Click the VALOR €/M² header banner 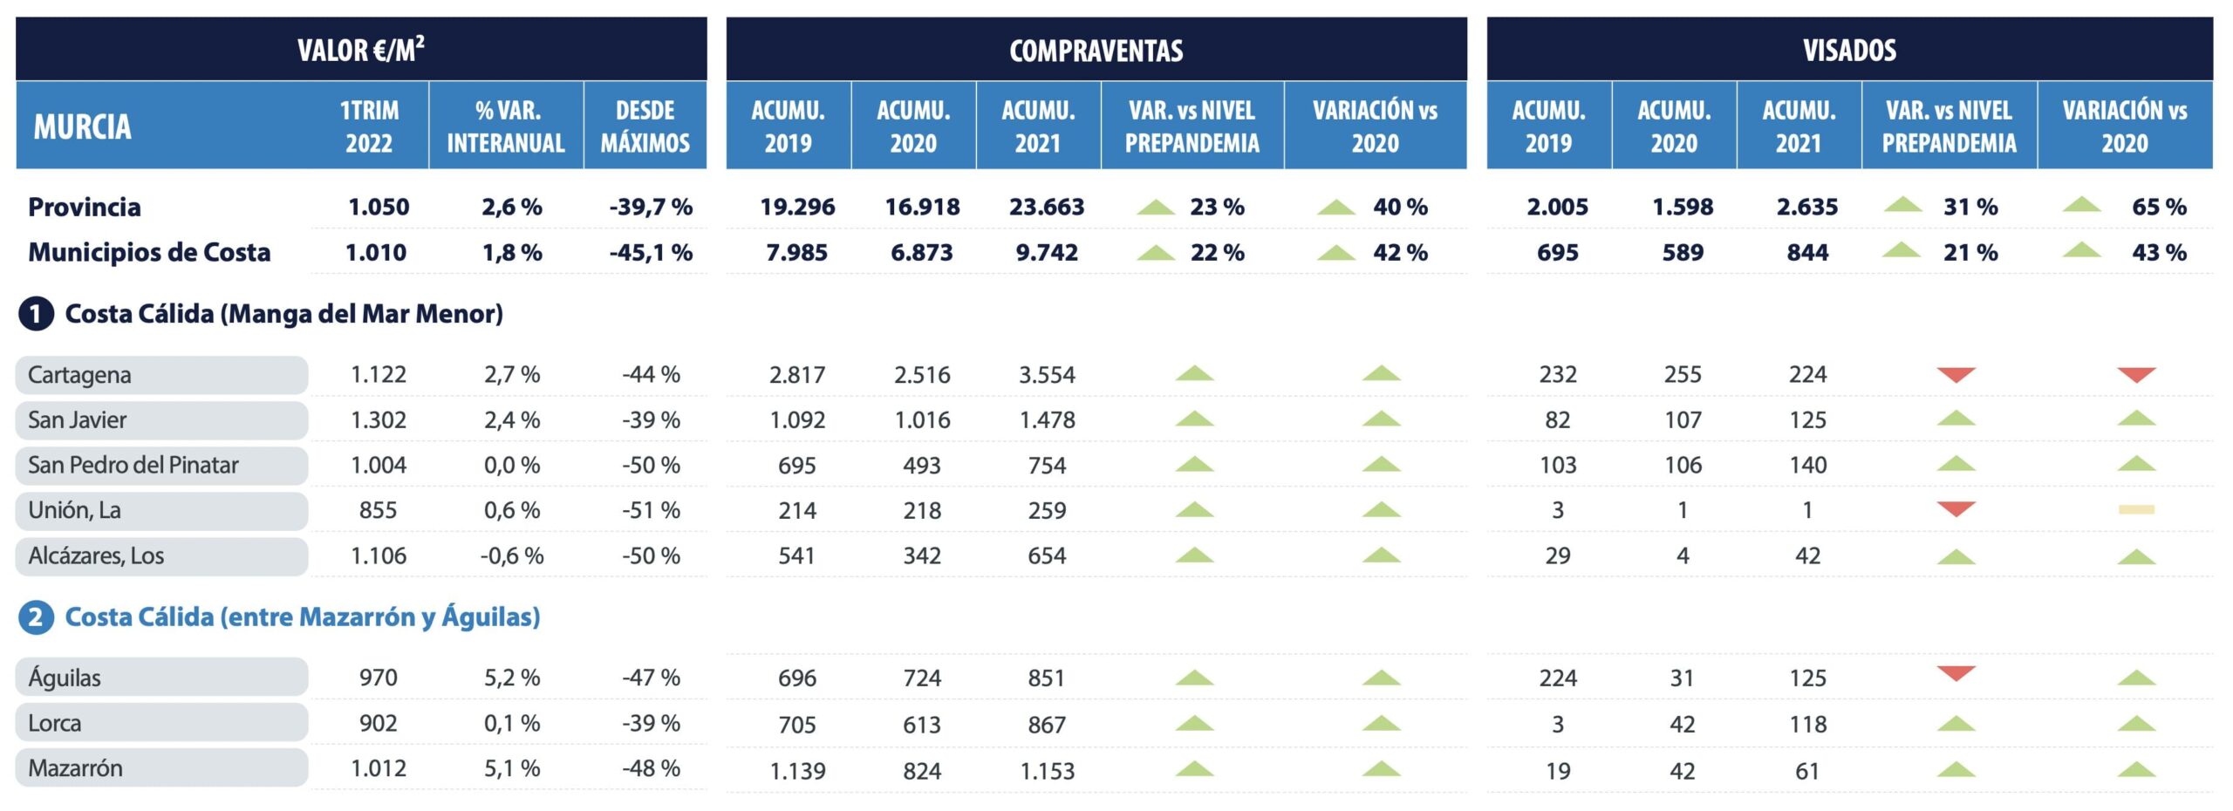point(361,50)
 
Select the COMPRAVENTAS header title point(1096,51)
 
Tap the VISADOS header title point(1849,51)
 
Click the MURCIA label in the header point(82,127)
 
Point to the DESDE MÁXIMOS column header point(645,126)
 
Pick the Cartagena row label point(79,375)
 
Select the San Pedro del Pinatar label point(133,466)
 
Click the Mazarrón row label point(75,768)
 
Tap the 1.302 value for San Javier point(378,420)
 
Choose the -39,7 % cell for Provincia point(651,208)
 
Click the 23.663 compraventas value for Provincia point(1046,208)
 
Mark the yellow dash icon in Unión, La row point(2136,510)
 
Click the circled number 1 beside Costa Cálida point(35,314)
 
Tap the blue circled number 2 point(35,617)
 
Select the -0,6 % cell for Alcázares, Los point(512,556)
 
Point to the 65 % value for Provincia point(2159,208)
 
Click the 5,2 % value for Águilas point(512,678)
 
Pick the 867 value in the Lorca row point(1046,725)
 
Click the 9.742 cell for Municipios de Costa point(1046,253)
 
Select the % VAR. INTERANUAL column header point(506,126)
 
